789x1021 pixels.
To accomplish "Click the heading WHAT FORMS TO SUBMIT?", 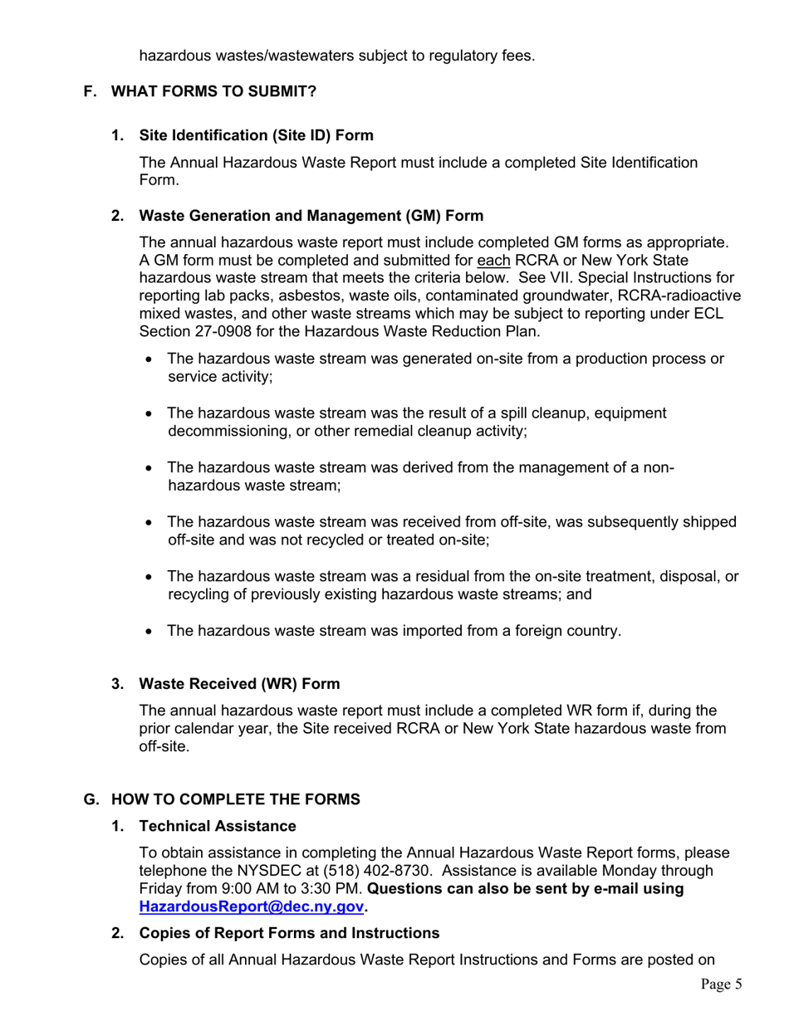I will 213,91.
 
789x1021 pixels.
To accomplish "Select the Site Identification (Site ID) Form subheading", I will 256,135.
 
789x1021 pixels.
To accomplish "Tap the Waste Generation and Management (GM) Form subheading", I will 311,216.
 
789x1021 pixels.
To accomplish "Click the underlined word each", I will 493,260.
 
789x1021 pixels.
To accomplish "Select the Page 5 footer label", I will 720,984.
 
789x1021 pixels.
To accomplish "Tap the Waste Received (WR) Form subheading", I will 239,684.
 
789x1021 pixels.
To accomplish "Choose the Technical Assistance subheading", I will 218,826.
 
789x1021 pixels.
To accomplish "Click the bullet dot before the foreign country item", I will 149,632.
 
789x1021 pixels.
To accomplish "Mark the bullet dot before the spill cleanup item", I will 149,414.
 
